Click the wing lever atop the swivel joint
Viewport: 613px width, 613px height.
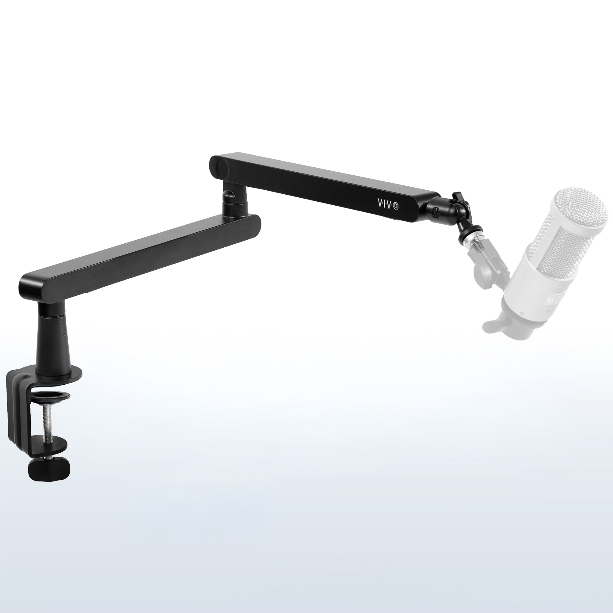point(457,198)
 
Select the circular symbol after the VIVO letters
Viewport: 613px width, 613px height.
point(396,207)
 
